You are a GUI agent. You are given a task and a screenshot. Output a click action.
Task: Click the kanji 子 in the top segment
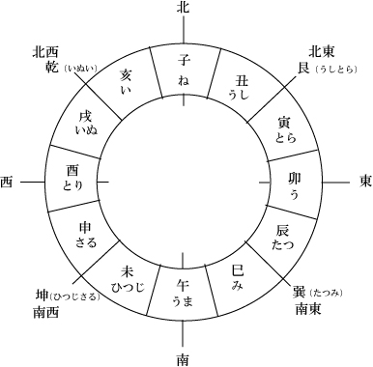184,60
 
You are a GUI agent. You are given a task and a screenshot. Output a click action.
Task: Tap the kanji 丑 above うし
242,81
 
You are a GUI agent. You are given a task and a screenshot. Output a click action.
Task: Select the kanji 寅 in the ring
285,123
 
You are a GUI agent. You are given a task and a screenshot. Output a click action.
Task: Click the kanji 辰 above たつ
283,231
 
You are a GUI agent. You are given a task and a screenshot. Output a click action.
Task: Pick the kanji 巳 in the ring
238,271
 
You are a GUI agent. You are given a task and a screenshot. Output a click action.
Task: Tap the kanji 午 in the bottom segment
183,285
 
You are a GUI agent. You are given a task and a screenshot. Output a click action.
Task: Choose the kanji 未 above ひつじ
127,271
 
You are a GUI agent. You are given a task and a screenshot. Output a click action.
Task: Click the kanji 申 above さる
85,228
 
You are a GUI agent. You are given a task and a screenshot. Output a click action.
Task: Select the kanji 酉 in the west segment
72,171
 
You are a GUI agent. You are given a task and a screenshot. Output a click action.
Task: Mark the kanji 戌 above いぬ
85,117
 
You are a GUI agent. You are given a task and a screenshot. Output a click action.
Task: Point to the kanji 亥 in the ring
126,76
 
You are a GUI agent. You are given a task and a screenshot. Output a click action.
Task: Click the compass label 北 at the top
183,8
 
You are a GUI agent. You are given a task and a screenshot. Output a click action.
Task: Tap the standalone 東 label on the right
365,182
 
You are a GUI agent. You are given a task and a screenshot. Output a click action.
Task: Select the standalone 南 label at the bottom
183,359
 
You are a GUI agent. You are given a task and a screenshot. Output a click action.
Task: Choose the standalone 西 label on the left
7,182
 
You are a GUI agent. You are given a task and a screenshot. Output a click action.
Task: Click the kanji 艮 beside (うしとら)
303,68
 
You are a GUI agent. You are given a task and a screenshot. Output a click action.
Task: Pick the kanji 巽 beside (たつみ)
299,292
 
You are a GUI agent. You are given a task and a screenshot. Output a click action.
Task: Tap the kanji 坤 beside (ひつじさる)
41,296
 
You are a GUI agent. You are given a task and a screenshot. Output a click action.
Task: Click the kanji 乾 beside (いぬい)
52,67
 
